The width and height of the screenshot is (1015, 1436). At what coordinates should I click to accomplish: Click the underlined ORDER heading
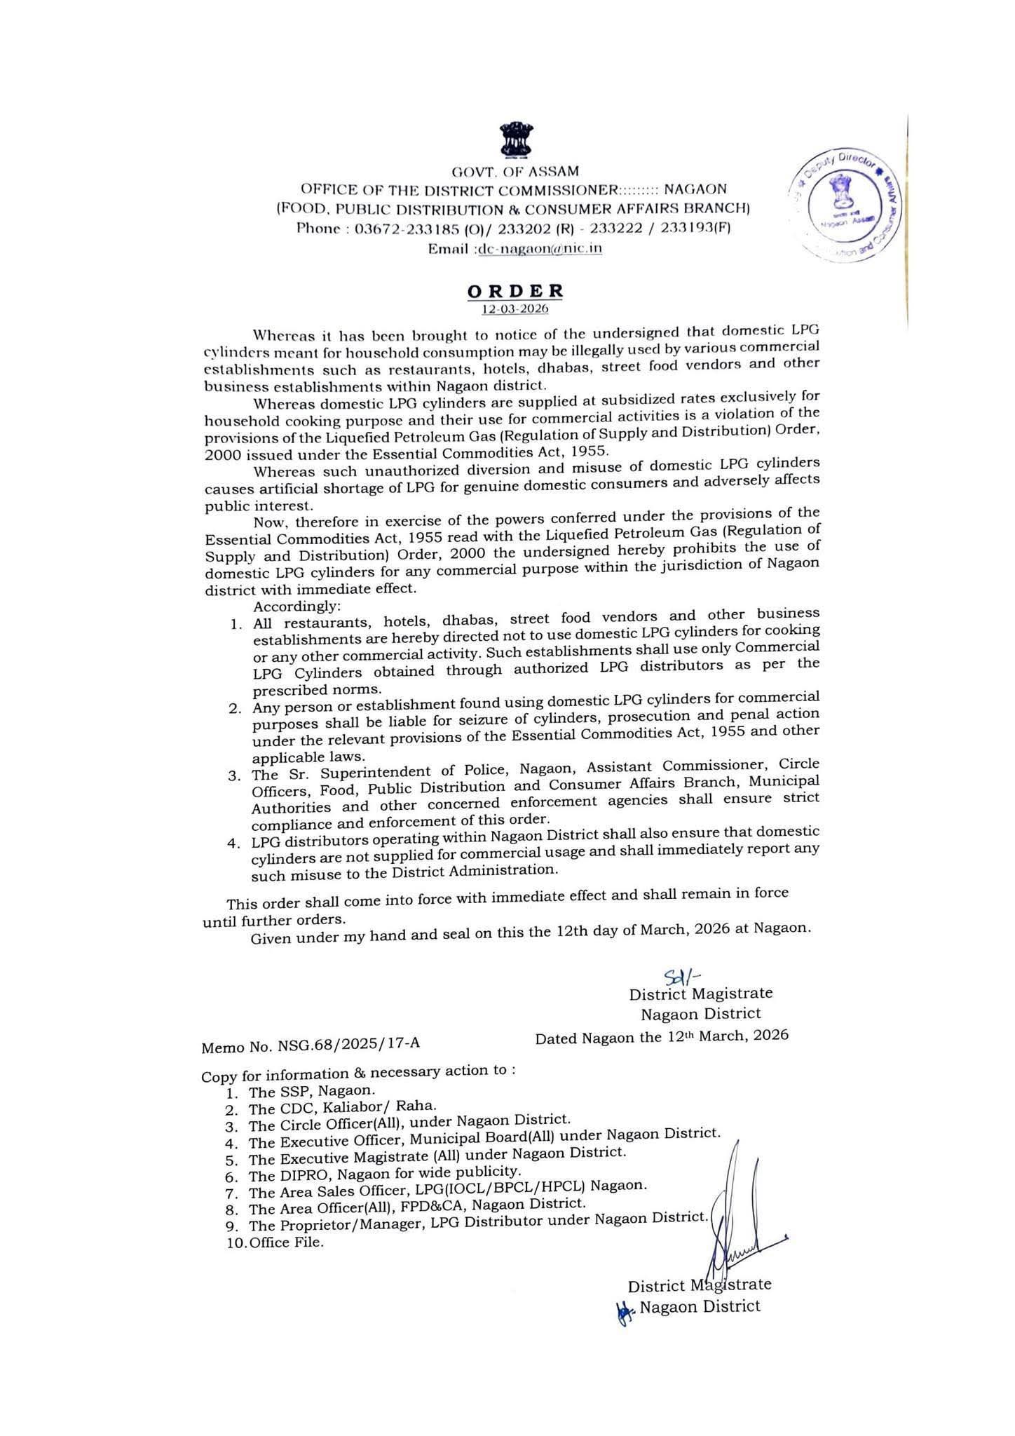click(x=515, y=290)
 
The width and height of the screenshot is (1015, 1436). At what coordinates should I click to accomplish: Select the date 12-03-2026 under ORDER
click(x=515, y=309)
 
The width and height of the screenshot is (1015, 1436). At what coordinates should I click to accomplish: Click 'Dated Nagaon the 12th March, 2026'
click(x=661, y=1036)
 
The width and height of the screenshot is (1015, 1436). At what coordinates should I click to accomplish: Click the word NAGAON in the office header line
click(x=695, y=189)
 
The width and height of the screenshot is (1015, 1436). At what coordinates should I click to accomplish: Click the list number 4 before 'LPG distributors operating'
click(x=233, y=843)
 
